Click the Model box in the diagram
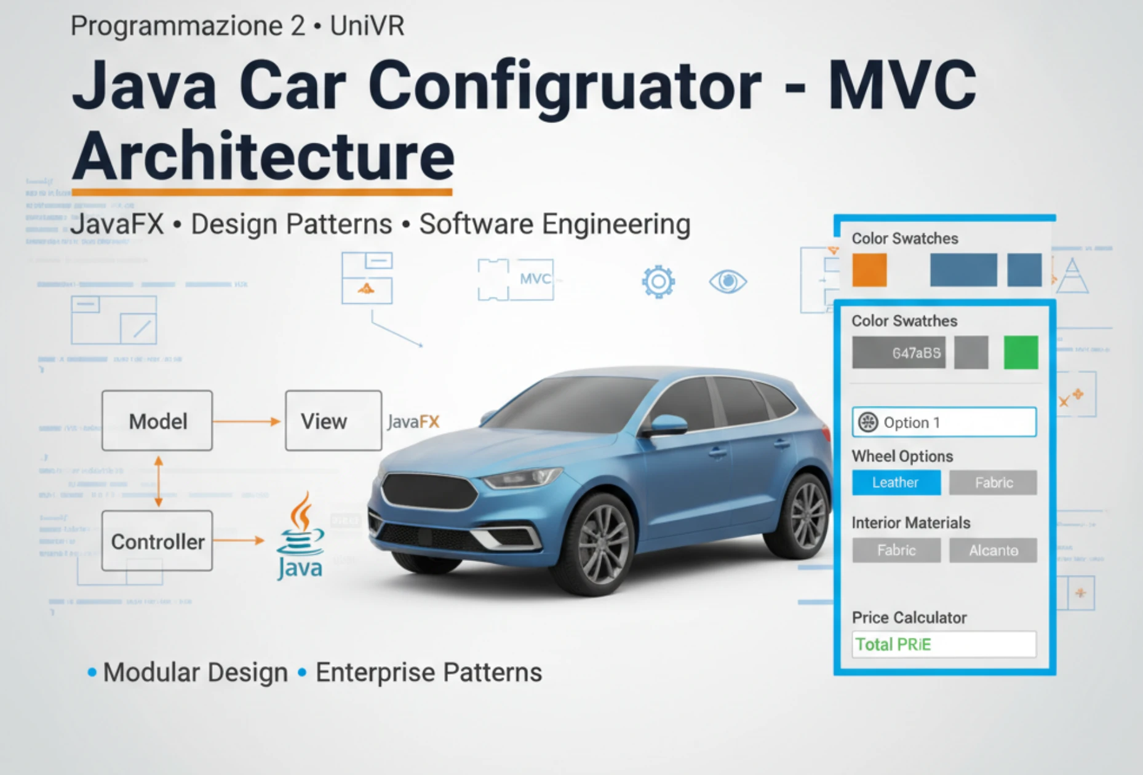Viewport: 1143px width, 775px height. click(157, 421)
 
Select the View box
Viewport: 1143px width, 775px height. click(333, 421)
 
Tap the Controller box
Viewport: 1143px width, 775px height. click(157, 541)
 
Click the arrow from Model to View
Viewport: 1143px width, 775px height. click(247, 421)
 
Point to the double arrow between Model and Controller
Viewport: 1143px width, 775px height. click(159, 481)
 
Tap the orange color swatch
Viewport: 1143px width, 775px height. click(869, 270)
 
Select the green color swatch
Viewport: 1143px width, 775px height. click(1021, 352)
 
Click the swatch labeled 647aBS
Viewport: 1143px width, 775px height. click(898, 352)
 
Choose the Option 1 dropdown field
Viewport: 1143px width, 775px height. click(944, 422)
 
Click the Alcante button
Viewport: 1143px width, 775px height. click(992, 550)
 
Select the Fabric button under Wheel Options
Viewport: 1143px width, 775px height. click(992, 483)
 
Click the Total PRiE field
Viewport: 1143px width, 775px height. click(944, 644)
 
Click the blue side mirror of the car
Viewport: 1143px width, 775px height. click(667, 424)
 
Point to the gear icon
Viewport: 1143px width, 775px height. click(658, 282)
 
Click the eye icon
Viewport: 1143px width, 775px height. click(728, 282)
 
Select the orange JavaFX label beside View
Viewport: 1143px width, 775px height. click(413, 422)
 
